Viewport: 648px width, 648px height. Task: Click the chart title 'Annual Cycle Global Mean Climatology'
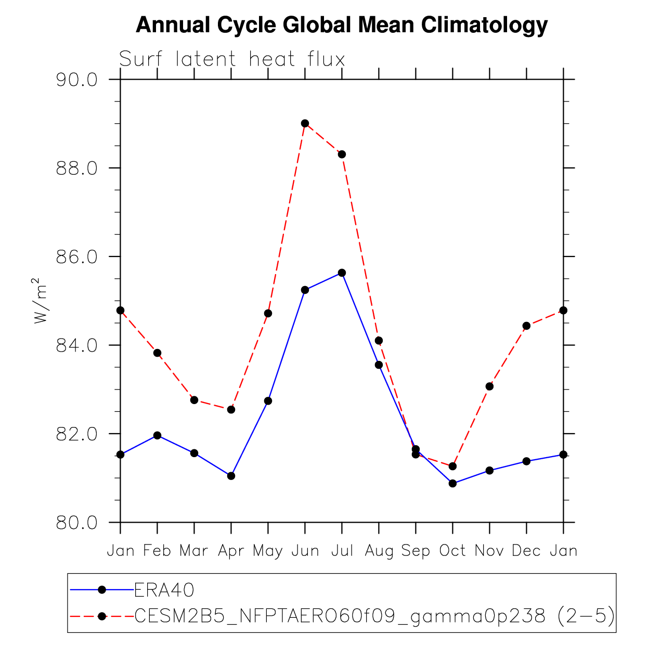(x=341, y=25)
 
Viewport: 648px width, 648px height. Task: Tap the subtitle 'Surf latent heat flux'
(x=232, y=59)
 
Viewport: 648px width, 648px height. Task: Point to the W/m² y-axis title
(x=40, y=301)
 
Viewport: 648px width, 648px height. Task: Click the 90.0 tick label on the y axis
(x=76, y=80)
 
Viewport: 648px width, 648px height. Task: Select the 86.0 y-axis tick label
(x=76, y=256)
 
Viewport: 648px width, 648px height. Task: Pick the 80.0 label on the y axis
(x=76, y=523)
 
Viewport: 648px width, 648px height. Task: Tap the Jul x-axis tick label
(x=342, y=551)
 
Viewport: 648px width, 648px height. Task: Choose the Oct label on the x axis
(x=452, y=551)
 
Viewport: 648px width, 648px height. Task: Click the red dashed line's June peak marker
(x=305, y=123)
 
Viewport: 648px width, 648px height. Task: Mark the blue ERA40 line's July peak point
(x=342, y=273)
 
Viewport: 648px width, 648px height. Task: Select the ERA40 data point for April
(x=231, y=476)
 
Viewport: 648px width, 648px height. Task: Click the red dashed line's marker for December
(x=527, y=326)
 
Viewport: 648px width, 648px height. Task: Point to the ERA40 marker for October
(x=452, y=484)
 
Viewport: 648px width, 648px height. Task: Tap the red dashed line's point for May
(x=268, y=314)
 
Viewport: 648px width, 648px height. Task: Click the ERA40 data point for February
(x=158, y=435)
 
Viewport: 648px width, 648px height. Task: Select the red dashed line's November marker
(x=489, y=386)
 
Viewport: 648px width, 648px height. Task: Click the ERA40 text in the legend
(x=164, y=590)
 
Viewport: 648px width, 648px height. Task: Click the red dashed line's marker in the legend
(x=102, y=616)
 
